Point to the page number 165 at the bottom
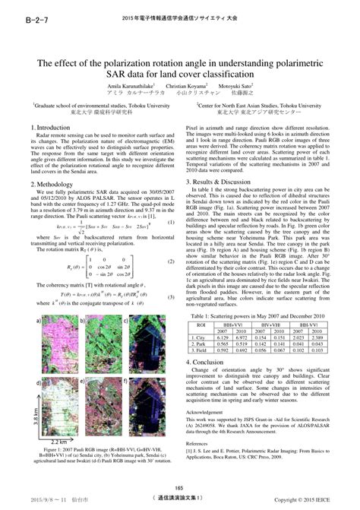coord(180,488)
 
